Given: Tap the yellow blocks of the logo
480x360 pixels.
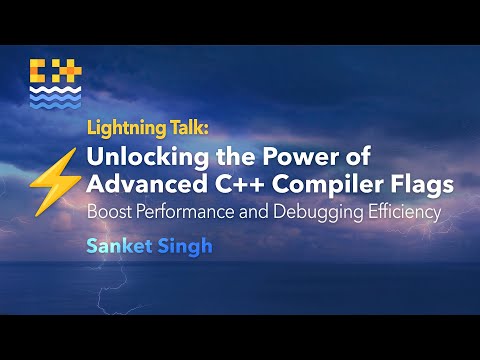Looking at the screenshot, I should (54, 72).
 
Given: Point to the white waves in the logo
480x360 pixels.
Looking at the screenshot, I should (54, 97).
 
